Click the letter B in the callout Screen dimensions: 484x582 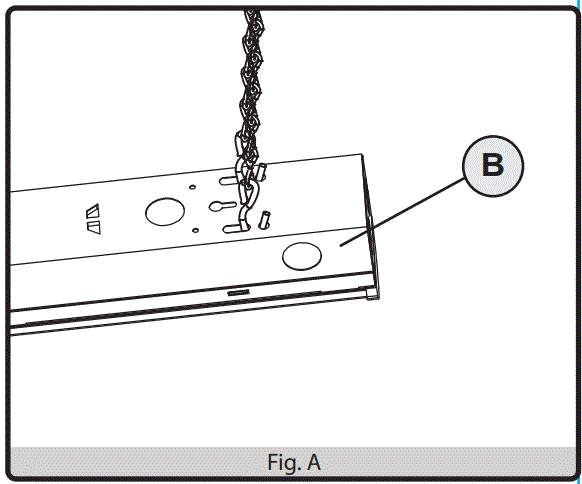click(493, 165)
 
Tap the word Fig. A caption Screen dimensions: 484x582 click(294, 463)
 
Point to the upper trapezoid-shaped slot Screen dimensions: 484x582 click(93, 210)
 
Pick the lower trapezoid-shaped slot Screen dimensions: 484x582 click(93, 228)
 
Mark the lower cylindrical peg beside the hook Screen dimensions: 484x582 click(266, 217)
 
